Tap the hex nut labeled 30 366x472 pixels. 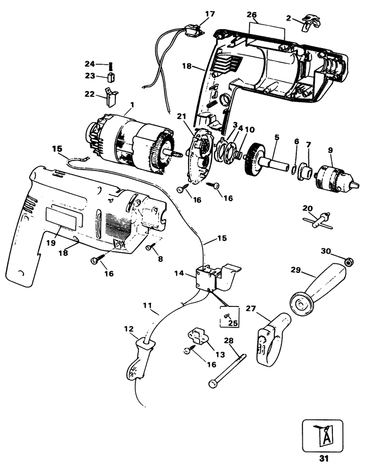(350, 260)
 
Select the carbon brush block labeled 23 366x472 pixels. (111, 77)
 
